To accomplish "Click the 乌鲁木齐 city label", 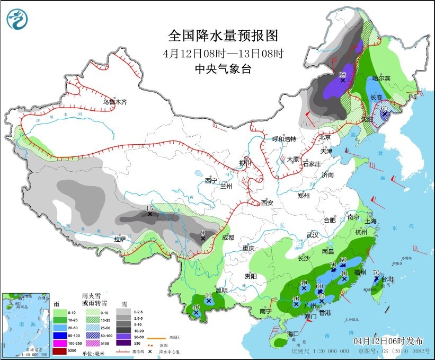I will (114, 101).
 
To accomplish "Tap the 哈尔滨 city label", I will (380, 78).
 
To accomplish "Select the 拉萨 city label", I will (120, 239).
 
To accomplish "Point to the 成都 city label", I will (228, 238).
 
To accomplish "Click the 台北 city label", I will (386, 279).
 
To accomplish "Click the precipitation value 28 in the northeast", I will (342, 74).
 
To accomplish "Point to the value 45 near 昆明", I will (208, 295).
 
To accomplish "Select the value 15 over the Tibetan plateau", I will (149, 208).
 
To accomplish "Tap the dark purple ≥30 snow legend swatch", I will (125, 343).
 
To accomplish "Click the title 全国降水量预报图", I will (223, 36).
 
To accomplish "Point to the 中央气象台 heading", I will (223, 68).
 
